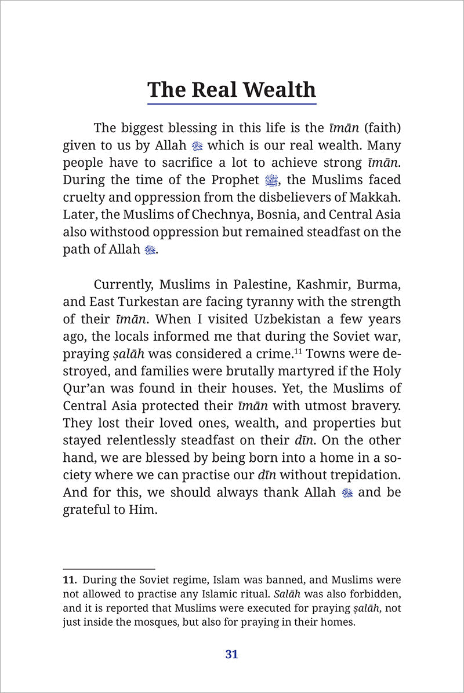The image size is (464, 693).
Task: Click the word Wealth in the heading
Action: (280, 90)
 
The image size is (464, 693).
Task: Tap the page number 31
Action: (231, 654)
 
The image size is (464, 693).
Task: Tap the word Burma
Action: (380, 285)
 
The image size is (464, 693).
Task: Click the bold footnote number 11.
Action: (70, 579)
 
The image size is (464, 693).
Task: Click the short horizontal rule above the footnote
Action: (108, 569)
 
